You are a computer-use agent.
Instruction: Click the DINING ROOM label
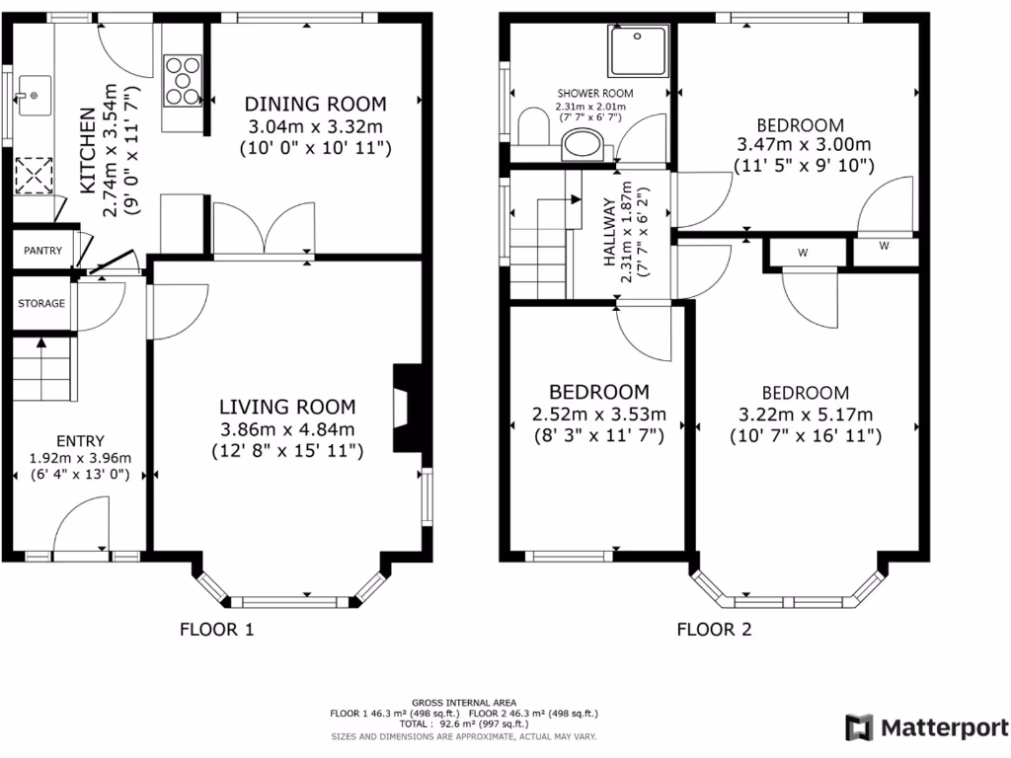[x=316, y=104]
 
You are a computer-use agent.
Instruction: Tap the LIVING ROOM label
[x=287, y=407]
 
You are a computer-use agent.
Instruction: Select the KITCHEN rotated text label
[x=88, y=150]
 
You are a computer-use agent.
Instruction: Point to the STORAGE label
[x=41, y=303]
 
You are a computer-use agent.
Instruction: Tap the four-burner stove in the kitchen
[x=183, y=78]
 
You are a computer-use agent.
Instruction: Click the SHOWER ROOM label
[x=590, y=95]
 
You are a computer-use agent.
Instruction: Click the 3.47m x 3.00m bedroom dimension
[x=801, y=145]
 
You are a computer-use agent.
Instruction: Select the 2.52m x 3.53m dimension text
[x=599, y=414]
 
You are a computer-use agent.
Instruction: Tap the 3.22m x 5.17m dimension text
[x=806, y=415]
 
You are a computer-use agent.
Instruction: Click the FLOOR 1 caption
[x=216, y=629]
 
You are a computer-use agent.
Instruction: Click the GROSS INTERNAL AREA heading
[x=465, y=702]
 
